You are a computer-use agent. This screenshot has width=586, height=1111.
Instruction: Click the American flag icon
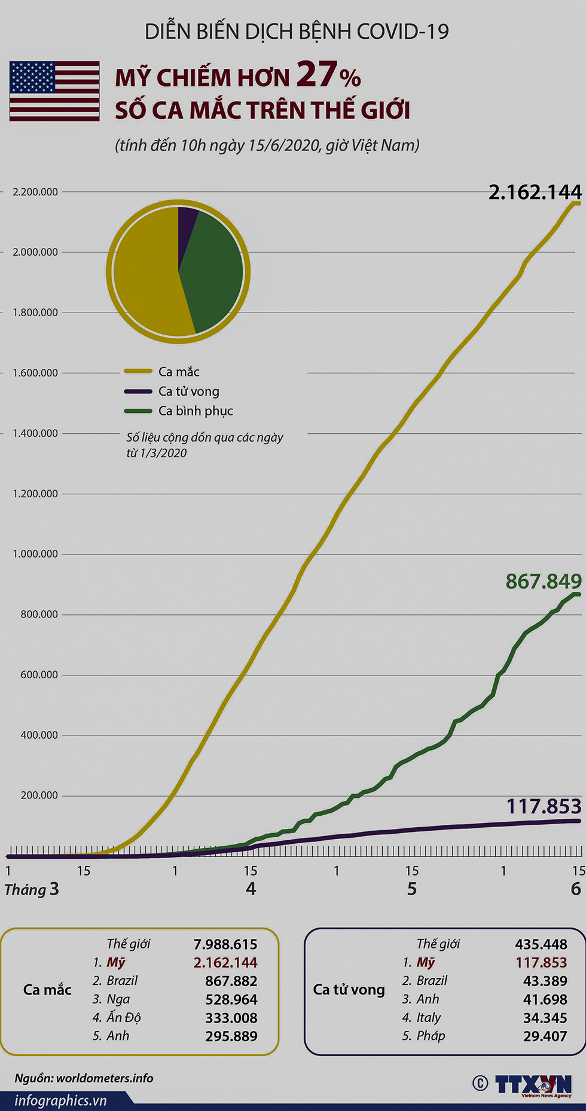(x=54, y=91)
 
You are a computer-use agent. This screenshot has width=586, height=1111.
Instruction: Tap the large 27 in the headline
(x=316, y=75)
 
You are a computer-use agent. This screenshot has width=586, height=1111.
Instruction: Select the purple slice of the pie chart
(x=187, y=221)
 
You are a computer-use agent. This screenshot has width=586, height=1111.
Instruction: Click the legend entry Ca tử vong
(x=188, y=391)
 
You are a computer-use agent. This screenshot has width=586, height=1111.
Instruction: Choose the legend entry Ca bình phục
(x=196, y=411)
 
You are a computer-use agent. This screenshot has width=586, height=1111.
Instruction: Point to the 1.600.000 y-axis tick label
(x=35, y=373)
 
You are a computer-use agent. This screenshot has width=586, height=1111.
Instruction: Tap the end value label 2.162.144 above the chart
(x=535, y=192)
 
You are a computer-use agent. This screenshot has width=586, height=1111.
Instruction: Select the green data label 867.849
(x=543, y=581)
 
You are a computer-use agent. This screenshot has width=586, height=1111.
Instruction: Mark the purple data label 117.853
(x=544, y=807)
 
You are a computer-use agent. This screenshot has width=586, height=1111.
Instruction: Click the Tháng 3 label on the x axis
(x=32, y=889)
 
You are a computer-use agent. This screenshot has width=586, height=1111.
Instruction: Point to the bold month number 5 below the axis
(x=412, y=889)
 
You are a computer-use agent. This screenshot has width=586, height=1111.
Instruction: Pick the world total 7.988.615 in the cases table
(x=225, y=944)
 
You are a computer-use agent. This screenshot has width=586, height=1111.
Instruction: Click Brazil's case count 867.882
(x=231, y=981)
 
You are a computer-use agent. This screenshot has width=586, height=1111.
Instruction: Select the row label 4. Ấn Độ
(x=117, y=1017)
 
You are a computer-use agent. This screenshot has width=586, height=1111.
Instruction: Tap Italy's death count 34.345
(x=545, y=1017)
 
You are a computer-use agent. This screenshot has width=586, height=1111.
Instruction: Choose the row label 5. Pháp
(x=423, y=1036)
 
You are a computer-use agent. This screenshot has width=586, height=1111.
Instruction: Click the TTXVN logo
(x=532, y=1085)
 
